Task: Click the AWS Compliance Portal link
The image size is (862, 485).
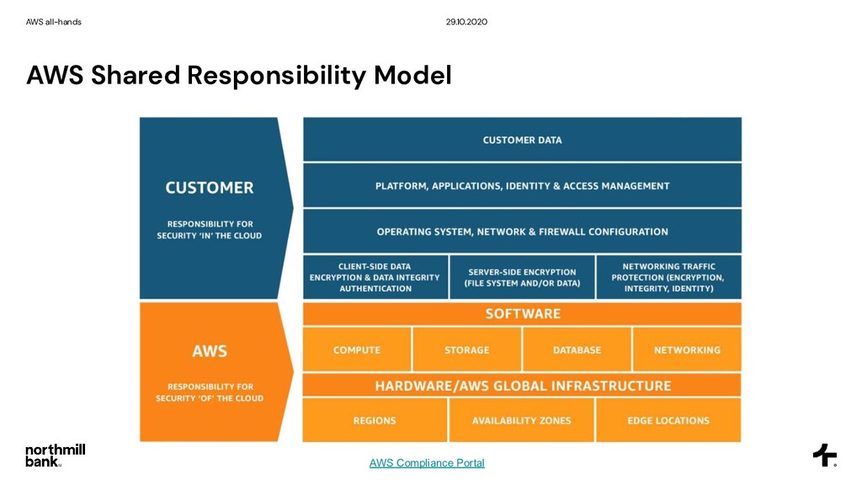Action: click(x=427, y=463)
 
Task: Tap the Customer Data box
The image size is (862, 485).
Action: click(x=522, y=140)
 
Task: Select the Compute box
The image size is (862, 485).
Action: click(x=357, y=349)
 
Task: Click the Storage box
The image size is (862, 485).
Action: click(x=467, y=349)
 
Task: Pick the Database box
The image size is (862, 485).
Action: click(x=577, y=349)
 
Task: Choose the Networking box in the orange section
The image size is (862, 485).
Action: click(x=687, y=349)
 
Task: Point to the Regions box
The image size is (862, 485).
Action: click(x=375, y=420)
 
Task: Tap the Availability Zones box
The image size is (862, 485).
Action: click(x=522, y=420)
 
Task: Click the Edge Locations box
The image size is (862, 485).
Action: click(x=668, y=420)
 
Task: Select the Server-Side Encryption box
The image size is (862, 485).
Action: click(x=522, y=277)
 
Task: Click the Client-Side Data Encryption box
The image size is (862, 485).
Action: click(x=375, y=277)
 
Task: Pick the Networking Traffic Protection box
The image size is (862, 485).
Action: click(x=668, y=277)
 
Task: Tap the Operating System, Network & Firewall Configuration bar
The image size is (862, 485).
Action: click(x=522, y=232)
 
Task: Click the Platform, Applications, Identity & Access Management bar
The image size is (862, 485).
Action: click(x=522, y=185)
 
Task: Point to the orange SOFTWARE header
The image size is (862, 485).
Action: click(x=522, y=314)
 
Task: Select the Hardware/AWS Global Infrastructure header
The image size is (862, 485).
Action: click(x=522, y=386)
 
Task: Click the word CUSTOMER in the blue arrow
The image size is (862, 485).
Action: click(x=210, y=187)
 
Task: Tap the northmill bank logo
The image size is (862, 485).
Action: click(x=55, y=455)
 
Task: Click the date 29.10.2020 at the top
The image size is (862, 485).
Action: click(x=466, y=22)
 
